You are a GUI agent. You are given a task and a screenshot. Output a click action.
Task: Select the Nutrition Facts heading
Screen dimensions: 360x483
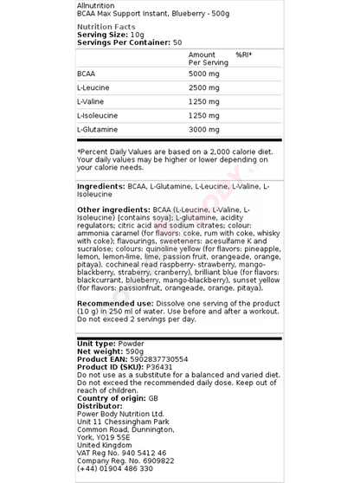click(x=106, y=27)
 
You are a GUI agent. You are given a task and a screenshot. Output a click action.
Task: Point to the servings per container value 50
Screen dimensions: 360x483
click(x=177, y=42)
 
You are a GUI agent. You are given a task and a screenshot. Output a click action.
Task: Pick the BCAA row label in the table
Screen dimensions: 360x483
click(x=87, y=74)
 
